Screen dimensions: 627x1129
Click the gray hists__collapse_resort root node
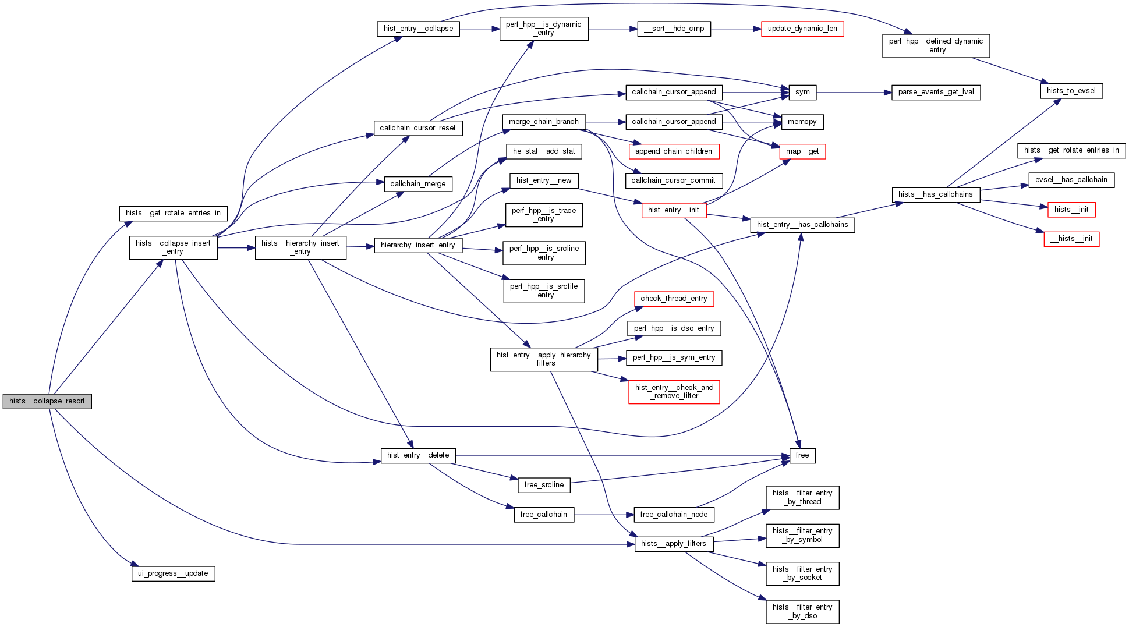coord(47,401)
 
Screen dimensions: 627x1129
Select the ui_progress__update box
coord(173,573)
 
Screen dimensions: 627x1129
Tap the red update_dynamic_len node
coord(802,29)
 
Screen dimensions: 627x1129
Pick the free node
coord(802,455)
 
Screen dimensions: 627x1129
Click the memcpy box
coord(802,122)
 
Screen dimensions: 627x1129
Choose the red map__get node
coord(802,151)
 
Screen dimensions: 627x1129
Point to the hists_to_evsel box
coord(1071,91)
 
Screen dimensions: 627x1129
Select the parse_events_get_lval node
coord(936,92)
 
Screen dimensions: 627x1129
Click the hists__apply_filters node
coord(673,544)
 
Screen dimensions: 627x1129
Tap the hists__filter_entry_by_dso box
coord(802,611)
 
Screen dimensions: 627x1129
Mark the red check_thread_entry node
coord(673,299)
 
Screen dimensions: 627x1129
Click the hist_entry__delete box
coord(417,455)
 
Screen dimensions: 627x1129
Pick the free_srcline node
coord(543,485)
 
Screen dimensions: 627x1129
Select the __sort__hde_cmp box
coord(674,29)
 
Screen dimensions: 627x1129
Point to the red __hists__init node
coord(1071,239)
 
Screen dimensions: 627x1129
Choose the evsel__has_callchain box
coord(1071,180)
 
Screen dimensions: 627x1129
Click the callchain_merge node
coord(417,184)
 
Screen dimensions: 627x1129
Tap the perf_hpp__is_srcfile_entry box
coord(543,291)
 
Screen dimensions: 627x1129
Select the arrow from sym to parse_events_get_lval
coord(854,92)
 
